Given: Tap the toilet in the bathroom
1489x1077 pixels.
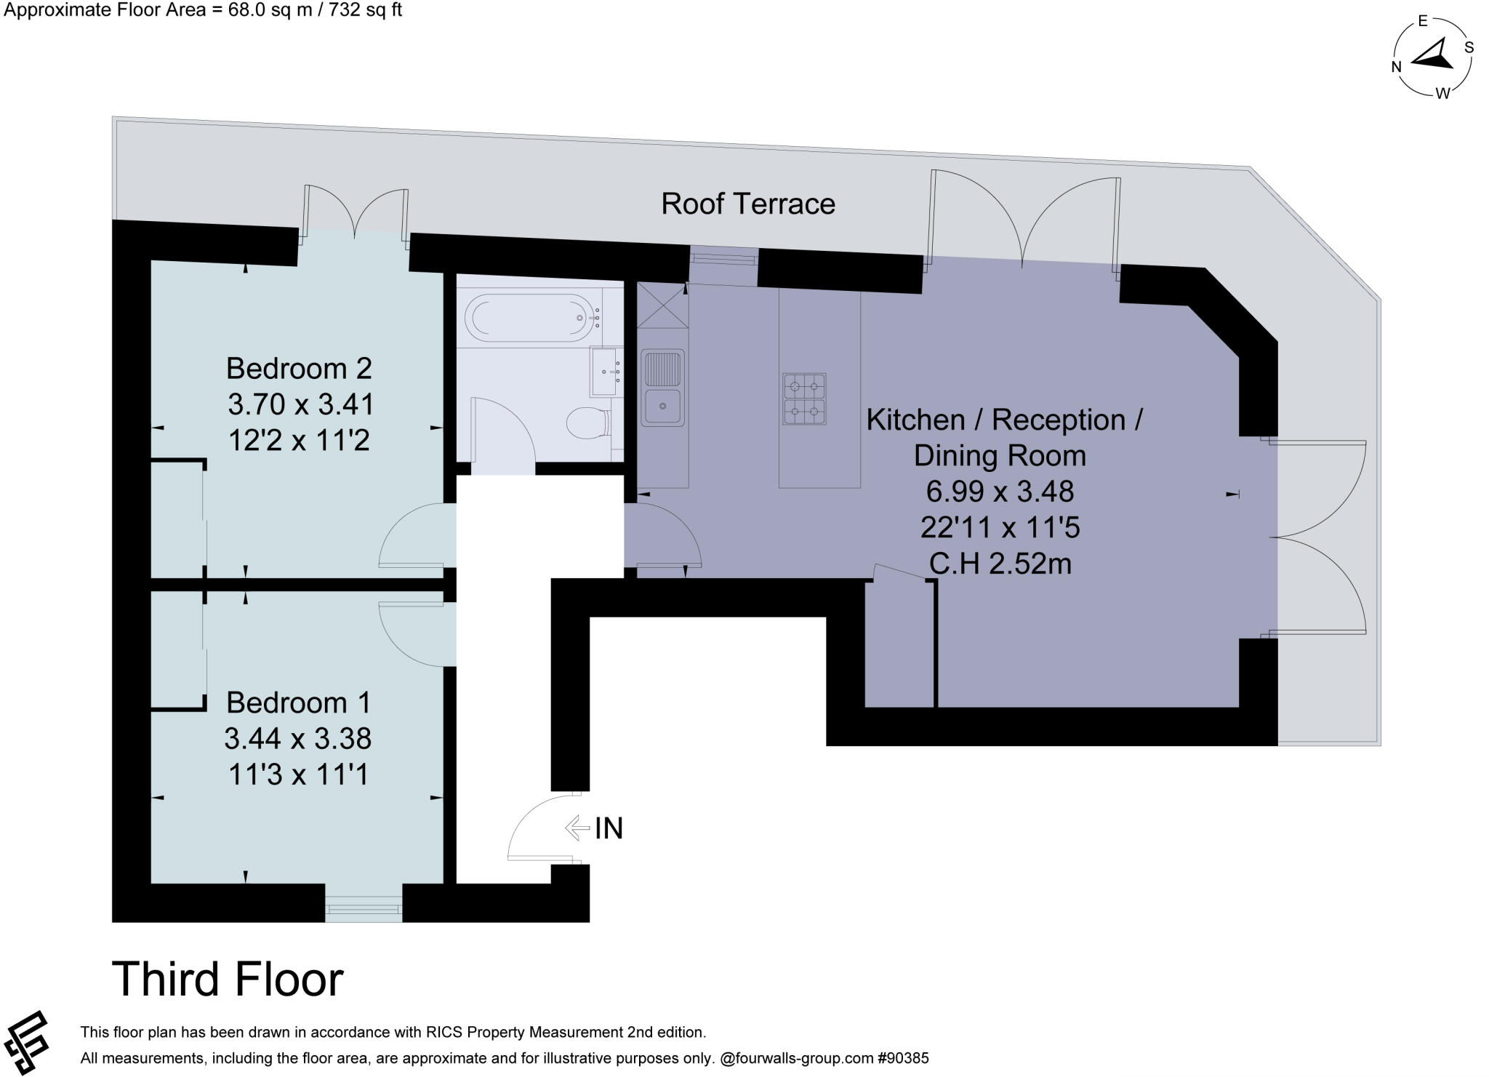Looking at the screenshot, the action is (x=590, y=423).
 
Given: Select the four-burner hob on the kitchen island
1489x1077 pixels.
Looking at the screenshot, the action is (x=804, y=399).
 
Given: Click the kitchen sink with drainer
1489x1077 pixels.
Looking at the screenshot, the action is (x=662, y=388).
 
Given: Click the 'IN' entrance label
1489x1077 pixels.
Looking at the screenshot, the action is (x=609, y=828).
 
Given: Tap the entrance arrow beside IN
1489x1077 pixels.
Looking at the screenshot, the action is (x=577, y=828).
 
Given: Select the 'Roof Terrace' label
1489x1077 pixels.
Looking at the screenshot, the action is (x=748, y=204).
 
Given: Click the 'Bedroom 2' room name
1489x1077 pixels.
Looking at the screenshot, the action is (x=299, y=368).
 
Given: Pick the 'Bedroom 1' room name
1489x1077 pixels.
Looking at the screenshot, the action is (x=298, y=702).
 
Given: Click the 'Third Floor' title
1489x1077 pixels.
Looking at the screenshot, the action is (x=228, y=979).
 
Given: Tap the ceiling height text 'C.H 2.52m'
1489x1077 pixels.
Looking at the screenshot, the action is (x=1000, y=564).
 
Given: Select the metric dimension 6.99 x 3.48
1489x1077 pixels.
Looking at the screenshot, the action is (x=1000, y=492).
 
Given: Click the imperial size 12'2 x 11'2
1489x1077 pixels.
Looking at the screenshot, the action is (x=299, y=440).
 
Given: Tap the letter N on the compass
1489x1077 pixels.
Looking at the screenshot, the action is (x=1396, y=67).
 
